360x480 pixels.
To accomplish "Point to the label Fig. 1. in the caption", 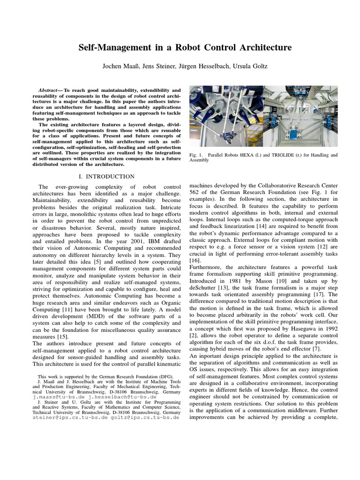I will pyautogui.click(x=196, y=155).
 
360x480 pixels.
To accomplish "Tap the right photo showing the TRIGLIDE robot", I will pyautogui.click(x=300, y=116).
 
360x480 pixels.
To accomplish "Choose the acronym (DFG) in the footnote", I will pyautogui.click(x=165, y=376).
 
